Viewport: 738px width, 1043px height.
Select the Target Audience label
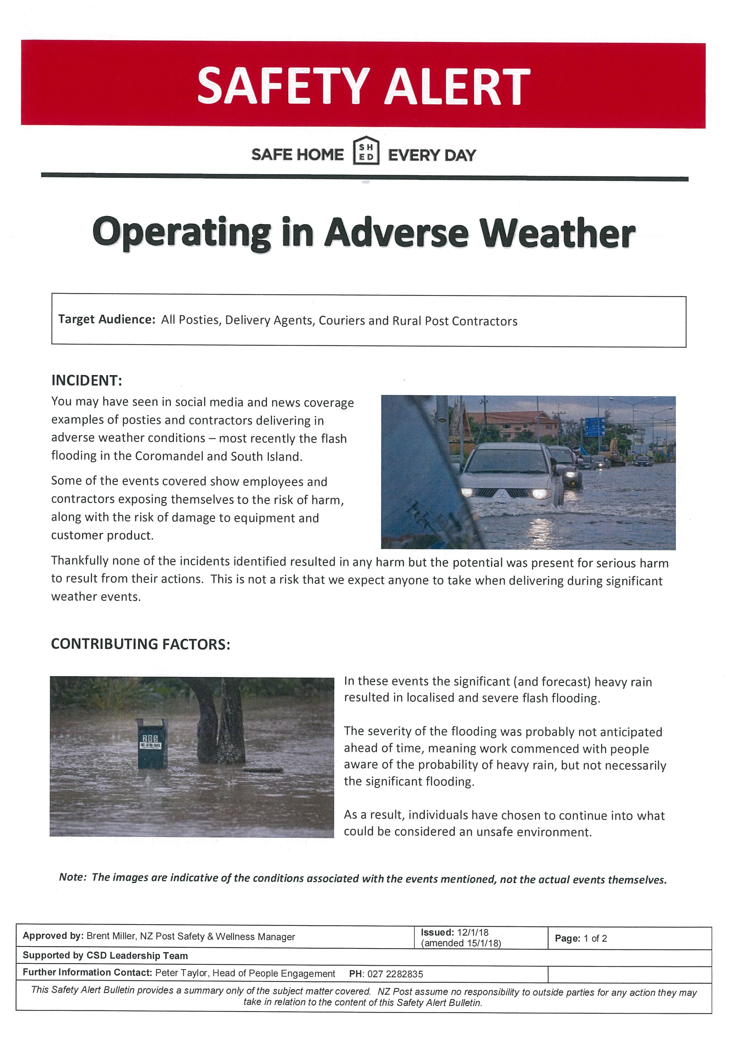pyautogui.click(x=107, y=319)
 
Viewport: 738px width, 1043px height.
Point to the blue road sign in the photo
pyautogui.click(x=594, y=427)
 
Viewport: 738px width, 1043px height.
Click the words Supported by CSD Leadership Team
pyautogui.click(x=105, y=956)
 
